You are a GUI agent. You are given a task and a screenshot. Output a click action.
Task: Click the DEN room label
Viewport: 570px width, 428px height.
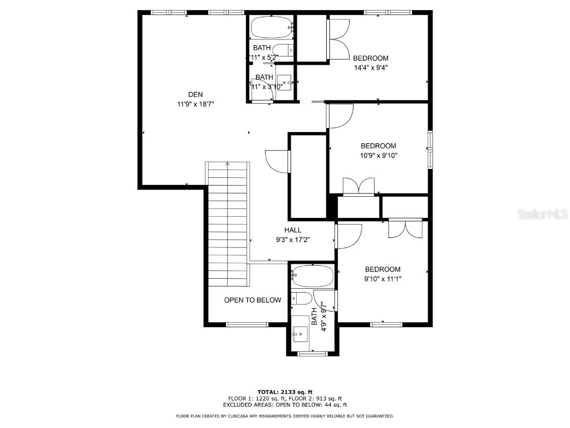point(195,94)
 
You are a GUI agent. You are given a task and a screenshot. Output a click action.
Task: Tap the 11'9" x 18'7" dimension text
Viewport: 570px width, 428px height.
point(195,104)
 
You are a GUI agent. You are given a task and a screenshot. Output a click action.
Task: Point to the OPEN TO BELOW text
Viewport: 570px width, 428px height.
point(253,300)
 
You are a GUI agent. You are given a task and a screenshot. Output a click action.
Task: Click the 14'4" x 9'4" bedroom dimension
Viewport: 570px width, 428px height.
point(370,67)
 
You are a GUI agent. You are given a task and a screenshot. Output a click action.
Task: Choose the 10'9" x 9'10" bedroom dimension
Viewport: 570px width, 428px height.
point(378,155)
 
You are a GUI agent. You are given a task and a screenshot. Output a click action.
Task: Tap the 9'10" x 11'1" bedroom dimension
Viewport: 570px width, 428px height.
point(382,279)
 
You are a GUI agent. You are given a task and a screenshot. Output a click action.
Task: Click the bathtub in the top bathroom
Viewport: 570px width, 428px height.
point(271,26)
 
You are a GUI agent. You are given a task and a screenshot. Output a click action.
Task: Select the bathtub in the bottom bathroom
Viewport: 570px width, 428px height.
point(313,276)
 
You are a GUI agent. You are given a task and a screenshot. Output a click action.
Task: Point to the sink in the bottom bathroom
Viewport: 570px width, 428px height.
point(301,334)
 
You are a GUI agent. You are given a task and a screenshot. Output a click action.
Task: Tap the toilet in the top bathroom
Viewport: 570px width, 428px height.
point(284,50)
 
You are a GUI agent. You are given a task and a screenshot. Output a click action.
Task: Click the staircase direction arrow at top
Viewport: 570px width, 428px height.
point(227,164)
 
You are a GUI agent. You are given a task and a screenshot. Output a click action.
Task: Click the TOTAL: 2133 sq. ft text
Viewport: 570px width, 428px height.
point(285,392)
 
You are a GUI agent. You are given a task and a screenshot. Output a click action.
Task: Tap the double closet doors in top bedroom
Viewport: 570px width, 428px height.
point(339,39)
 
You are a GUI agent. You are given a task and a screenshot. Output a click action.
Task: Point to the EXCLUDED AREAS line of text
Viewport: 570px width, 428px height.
point(285,405)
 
